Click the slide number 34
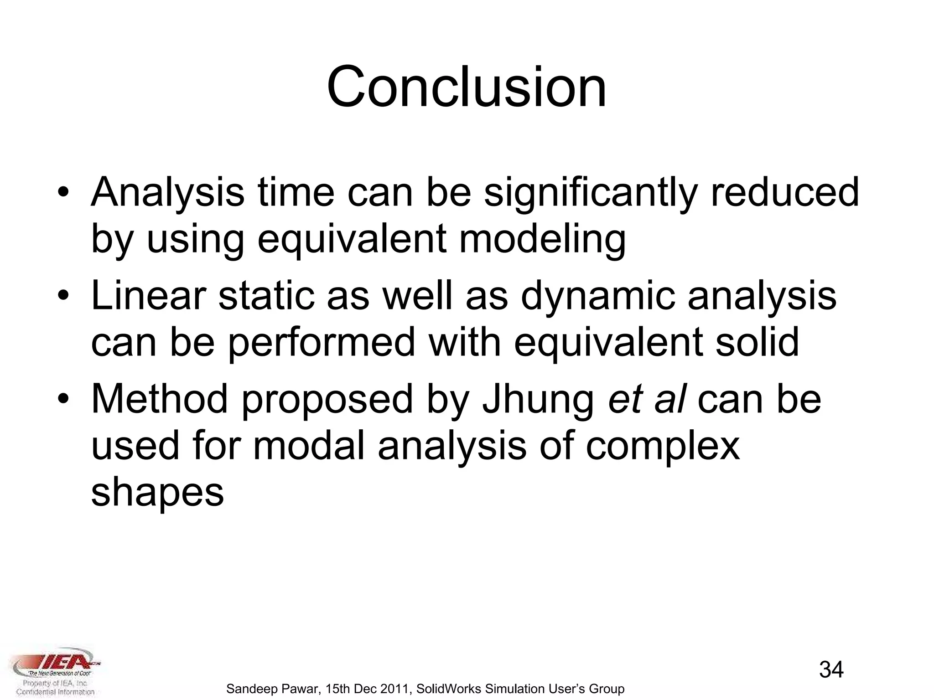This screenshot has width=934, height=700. click(x=831, y=670)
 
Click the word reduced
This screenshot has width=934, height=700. click(x=784, y=192)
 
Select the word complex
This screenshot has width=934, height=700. click(x=662, y=447)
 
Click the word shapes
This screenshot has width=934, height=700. click(x=157, y=493)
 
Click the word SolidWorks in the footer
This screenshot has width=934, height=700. click(x=449, y=689)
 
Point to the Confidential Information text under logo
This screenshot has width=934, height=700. click(x=55, y=692)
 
